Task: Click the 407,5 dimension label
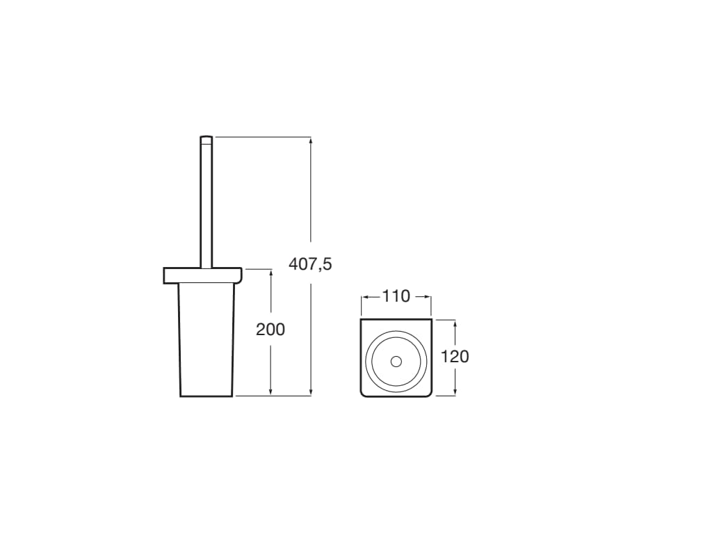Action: point(310,264)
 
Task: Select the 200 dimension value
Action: point(270,330)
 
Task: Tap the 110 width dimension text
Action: point(396,296)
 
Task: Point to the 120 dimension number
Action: point(455,357)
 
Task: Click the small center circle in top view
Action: point(396,362)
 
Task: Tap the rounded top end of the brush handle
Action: point(206,138)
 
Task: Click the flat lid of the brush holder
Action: point(202,275)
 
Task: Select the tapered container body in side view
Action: point(207,339)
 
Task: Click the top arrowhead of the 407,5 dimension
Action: point(311,140)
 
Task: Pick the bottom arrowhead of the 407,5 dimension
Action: point(311,391)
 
